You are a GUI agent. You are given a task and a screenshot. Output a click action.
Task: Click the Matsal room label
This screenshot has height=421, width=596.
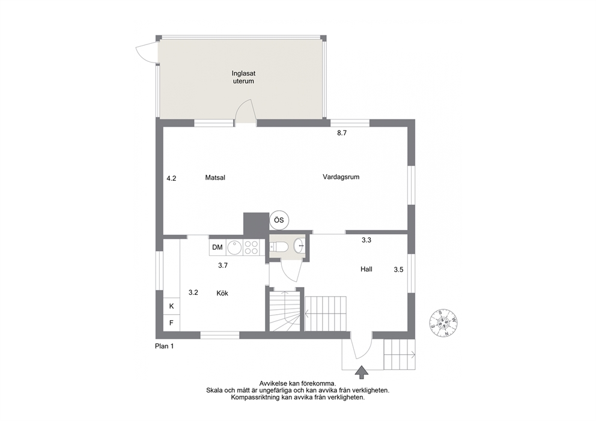coord(215,177)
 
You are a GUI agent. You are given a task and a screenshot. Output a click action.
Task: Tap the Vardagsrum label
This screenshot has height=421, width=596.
coord(341,177)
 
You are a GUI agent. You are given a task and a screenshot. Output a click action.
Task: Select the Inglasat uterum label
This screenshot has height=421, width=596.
coord(243,77)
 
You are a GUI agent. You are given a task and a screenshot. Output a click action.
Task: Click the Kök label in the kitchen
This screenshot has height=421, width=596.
coord(222,293)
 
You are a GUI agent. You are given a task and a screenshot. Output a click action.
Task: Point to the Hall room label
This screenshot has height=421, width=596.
coord(366,269)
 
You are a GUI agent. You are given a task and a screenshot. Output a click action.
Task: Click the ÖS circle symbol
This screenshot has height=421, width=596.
coord(279,220)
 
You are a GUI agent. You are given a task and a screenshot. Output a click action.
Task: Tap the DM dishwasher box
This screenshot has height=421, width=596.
coord(217,247)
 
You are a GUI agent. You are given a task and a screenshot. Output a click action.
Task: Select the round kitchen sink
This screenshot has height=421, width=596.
coord(234,247)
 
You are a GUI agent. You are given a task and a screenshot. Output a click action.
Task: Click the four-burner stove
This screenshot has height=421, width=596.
coord(251,247)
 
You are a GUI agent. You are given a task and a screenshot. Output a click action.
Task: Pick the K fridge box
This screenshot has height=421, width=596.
coord(171,306)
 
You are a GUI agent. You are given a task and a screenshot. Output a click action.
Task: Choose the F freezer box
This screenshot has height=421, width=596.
coord(171,323)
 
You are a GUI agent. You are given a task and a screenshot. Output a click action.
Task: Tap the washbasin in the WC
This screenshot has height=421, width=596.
coord(300,246)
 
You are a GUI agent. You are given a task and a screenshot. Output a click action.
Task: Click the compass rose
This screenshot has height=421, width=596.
coord(443,323)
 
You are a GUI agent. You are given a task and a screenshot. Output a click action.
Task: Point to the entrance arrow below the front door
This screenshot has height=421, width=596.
coord(362,372)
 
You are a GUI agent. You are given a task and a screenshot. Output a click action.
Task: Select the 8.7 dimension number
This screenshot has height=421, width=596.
coord(342,133)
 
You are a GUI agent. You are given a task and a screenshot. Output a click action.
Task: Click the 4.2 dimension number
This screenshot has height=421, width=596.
coord(171,178)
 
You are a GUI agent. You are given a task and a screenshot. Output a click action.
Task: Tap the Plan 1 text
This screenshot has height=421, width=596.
coord(164,346)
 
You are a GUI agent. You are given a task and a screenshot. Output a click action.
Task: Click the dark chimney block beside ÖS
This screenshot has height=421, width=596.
coord(256,224)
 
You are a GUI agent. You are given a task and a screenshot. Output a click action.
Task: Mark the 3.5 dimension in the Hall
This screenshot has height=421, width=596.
coord(398,270)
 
